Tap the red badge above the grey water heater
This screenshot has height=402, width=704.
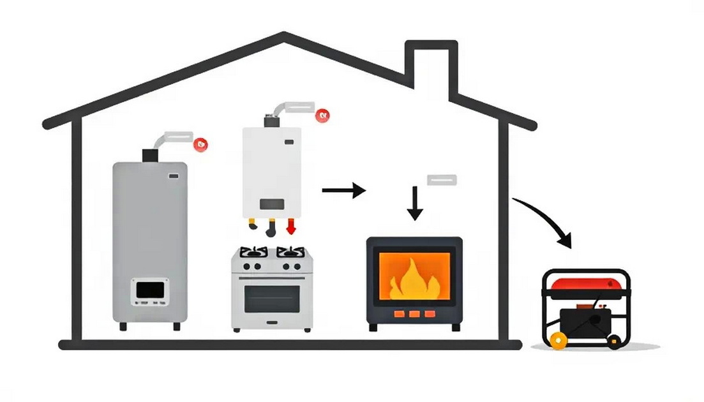pos(202,144)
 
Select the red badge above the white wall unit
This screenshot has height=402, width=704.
pos(324,115)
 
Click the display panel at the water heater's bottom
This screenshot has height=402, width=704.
pos(150,291)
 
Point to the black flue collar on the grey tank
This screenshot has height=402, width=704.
pos(150,154)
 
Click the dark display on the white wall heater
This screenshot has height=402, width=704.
pos(271,204)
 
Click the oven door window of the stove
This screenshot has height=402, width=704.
pos(272,297)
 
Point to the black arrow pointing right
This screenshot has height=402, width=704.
pos(343,190)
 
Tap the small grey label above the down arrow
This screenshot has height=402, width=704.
pos(442,179)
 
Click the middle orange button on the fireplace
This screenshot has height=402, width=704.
pos(414,314)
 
